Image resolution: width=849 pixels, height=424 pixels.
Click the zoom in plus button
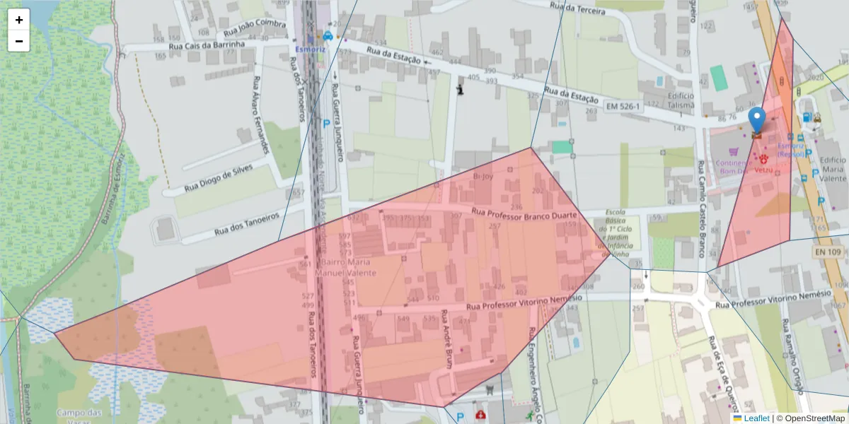[x=19, y=20]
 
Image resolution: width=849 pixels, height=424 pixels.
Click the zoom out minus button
[x=19, y=41]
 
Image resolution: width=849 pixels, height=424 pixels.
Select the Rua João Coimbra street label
[x=254, y=28]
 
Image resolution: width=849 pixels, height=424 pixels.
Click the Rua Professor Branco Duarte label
[x=524, y=213]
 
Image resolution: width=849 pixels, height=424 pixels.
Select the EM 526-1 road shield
[x=623, y=106]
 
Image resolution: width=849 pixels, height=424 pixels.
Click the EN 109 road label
[x=828, y=252]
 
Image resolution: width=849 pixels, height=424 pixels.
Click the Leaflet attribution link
[x=756, y=418]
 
